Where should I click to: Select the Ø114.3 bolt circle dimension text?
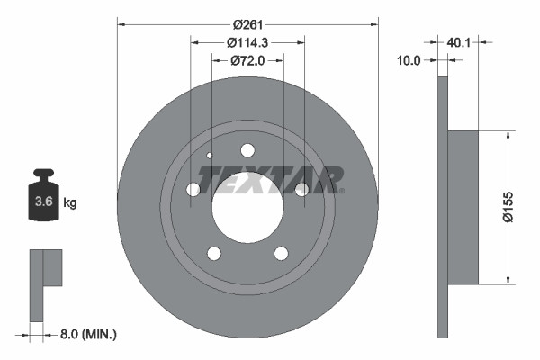248,42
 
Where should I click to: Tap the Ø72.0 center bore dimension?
248,60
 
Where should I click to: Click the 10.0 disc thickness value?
409,60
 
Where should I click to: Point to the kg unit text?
70,203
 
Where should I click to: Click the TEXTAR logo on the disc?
271,180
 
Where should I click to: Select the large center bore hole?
247,207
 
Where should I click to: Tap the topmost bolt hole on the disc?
247,151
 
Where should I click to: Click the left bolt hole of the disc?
193,189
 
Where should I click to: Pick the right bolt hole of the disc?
302,189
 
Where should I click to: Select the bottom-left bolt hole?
214,253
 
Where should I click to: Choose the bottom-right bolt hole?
281,253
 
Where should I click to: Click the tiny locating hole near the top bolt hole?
211,155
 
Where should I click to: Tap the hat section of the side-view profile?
464,207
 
